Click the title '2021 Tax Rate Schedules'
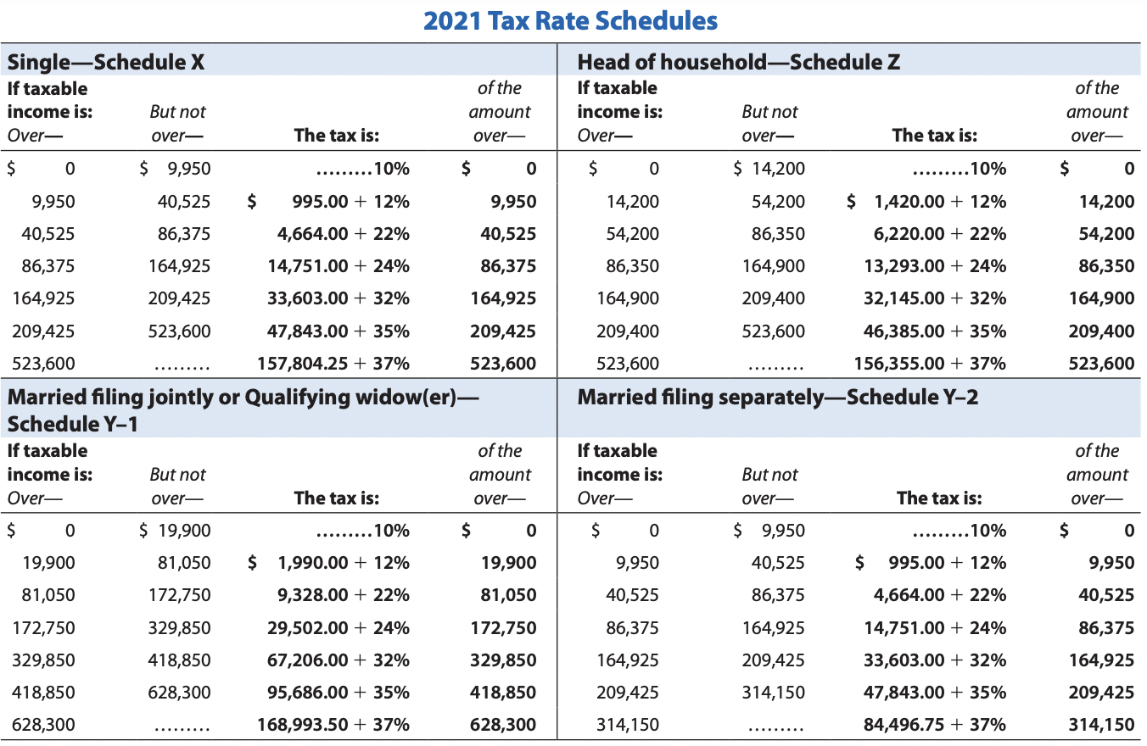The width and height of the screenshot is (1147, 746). (x=570, y=20)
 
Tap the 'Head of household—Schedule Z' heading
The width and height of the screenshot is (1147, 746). (x=738, y=61)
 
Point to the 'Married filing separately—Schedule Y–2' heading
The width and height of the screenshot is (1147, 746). (x=777, y=397)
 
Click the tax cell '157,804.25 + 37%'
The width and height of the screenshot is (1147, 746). (x=333, y=364)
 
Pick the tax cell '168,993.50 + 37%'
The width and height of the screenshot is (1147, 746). (x=333, y=725)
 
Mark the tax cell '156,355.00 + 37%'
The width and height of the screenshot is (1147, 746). (x=930, y=364)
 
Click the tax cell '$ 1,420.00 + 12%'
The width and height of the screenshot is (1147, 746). (x=927, y=202)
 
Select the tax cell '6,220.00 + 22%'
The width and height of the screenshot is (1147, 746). (x=935, y=234)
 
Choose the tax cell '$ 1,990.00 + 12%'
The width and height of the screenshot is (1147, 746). (x=329, y=563)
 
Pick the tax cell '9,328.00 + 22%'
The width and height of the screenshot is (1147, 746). (x=344, y=595)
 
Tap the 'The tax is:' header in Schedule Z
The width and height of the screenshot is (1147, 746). (x=934, y=135)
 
